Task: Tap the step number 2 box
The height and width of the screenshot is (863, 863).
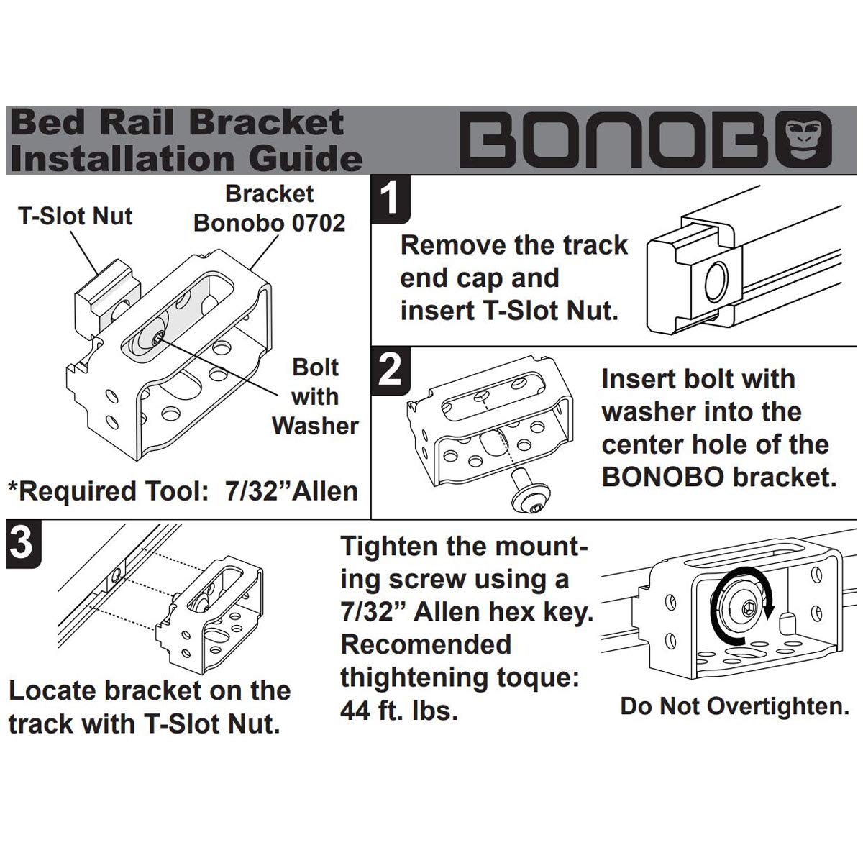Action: tap(389, 371)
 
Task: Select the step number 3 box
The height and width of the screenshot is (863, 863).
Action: tap(22, 543)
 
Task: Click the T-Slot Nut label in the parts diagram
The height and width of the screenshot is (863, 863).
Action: tap(76, 216)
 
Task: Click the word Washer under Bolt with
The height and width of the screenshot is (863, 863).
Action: tap(315, 426)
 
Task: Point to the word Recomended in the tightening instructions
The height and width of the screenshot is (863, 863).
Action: tap(426, 644)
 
